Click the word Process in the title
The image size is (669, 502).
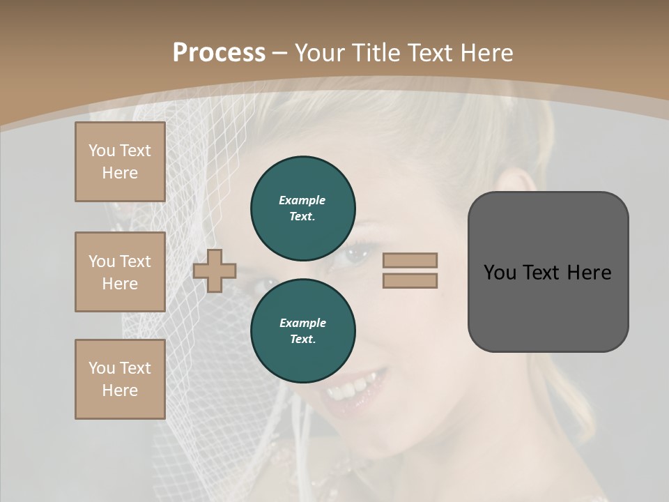[x=219, y=53]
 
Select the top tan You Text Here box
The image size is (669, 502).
[x=120, y=162]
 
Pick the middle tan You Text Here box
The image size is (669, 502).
[x=120, y=272]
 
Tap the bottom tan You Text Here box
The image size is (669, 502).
[x=120, y=379]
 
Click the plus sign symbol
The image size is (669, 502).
[x=215, y=271]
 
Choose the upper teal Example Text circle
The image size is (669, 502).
[x=302, y=208]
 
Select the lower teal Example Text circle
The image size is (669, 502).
[x=302, y=331]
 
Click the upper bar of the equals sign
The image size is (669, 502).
[x=410, y=261]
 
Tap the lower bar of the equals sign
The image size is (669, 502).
[x=410, y=280]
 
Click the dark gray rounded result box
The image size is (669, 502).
[x=548, y=307]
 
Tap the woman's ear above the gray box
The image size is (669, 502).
[x=524, y=183]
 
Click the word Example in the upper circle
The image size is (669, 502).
[x=302, y=200]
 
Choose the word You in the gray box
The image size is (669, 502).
[x=500, y=273]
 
